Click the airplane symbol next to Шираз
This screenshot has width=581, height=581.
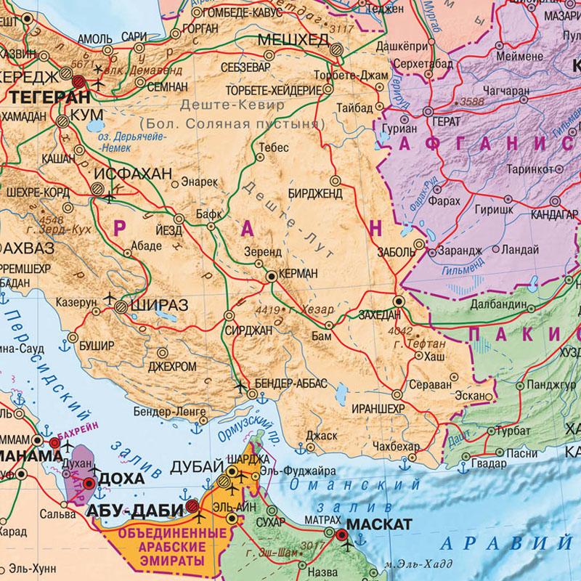pos(110,298)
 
